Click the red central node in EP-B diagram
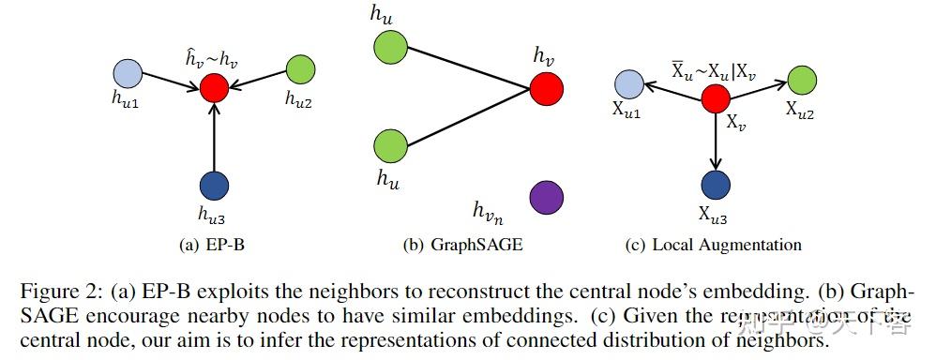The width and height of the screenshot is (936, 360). pos(215,89)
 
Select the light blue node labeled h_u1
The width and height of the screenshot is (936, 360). pos(127,72)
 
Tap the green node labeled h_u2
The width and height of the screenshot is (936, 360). pos(300,70)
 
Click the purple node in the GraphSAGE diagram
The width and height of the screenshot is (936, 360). pos(546,198)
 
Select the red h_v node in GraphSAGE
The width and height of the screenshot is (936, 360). pos(546,89)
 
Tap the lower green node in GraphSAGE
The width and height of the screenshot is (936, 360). pos(389,146)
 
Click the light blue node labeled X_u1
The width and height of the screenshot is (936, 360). pos(630,84)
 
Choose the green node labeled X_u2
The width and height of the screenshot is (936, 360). pos(802,80)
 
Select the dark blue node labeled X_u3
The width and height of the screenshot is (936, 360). pos(716,183)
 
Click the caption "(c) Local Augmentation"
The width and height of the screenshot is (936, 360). pos(713,246)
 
